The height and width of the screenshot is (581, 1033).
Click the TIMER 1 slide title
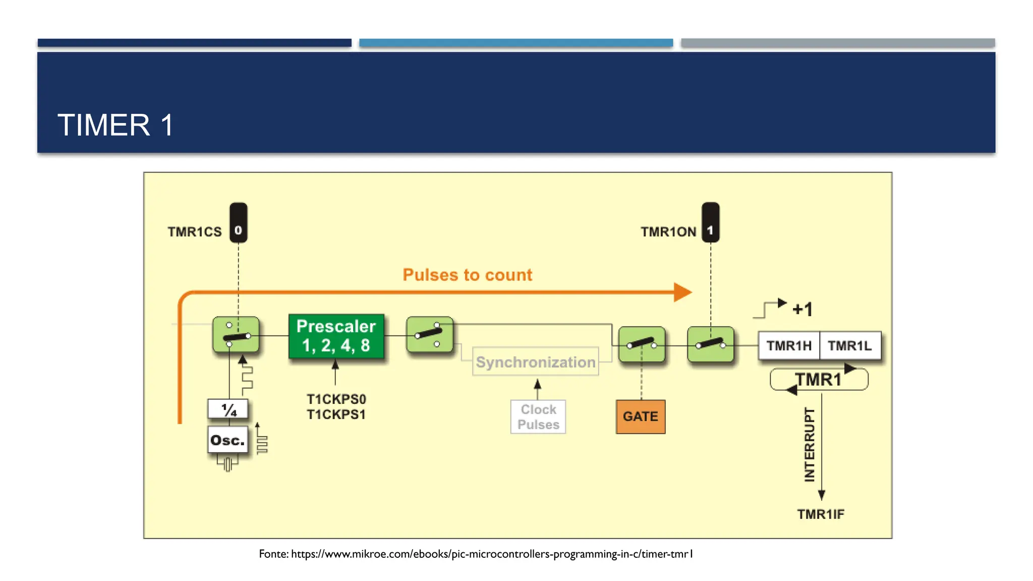[116, 125]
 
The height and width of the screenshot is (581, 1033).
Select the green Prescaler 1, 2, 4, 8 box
[336, 336]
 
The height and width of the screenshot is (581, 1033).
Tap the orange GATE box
[640, 417]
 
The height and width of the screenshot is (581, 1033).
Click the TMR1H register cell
[789, 345]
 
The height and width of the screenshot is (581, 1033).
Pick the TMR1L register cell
[849, 345]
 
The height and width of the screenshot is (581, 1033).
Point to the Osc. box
[227, 440]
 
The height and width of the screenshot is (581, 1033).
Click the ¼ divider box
[228, 409]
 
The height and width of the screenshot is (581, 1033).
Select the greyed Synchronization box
[535, 362]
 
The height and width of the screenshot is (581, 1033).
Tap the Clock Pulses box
[538, 417]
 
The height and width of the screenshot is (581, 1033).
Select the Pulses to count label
[467, 275]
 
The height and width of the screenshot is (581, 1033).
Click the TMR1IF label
[820, 514]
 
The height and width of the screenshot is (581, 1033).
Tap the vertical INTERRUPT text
[809, 444]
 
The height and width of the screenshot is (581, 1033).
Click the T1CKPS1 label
[336, 415]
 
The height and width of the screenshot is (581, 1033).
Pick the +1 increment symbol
[802, 309]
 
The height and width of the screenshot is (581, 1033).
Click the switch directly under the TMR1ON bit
[710, 344]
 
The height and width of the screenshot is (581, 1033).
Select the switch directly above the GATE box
[641, 344]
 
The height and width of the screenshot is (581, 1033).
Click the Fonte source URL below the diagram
[476, 554]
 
